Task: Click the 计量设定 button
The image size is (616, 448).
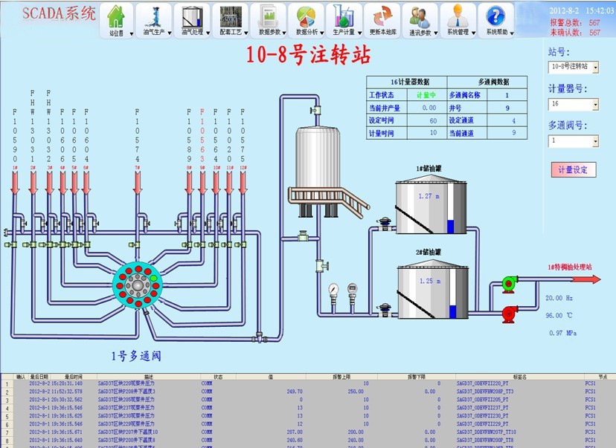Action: (574, 169)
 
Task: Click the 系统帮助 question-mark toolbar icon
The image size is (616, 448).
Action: (496, 16)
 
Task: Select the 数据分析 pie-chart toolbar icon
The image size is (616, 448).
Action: (306, 16)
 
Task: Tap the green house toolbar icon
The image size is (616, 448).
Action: (116, 16)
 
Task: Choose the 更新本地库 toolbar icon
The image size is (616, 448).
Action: (382, 16)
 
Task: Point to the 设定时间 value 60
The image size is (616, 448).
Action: (433, 120)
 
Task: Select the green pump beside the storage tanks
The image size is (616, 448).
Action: (510, 282)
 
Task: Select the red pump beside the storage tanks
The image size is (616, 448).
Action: (510, 313)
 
